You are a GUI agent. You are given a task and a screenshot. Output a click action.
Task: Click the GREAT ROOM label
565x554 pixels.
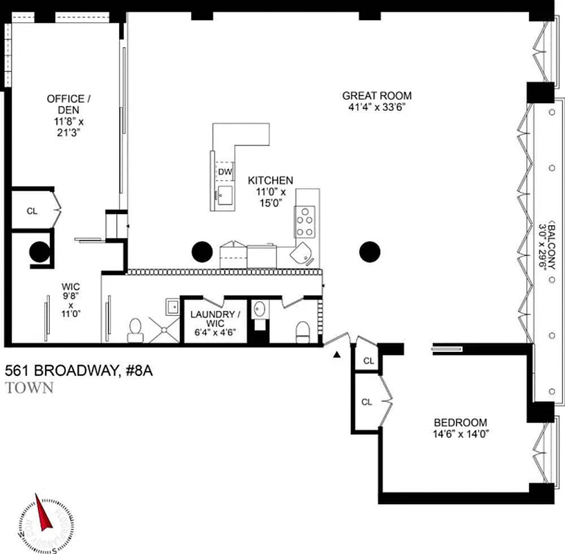coord(377,96)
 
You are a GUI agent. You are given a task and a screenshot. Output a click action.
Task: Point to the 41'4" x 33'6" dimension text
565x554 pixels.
coord(377,107)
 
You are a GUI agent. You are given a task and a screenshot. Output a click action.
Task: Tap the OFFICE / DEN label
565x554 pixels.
coord(66,104)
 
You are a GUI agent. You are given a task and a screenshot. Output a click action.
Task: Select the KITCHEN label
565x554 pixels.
coord(271,180)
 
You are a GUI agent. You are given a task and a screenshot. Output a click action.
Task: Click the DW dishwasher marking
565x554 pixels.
coord(225,172)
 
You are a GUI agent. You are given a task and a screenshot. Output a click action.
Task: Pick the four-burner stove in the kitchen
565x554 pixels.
coord(305,222)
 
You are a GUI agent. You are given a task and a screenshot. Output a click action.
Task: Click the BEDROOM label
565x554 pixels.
coord(460,422)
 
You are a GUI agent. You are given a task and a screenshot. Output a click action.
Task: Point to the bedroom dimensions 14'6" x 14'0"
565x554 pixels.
coord(460,434)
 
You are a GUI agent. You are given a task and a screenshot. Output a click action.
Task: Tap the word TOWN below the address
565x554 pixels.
coord(29,388)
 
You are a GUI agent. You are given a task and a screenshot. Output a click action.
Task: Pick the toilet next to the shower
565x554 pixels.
coord(136,330)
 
